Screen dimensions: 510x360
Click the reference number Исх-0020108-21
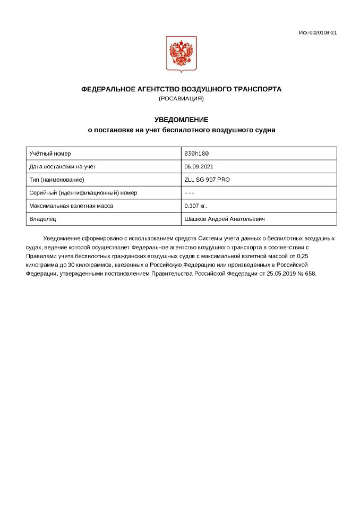(318, 32)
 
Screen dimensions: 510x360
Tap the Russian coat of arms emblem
(181, 54)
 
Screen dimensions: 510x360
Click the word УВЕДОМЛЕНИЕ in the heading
(181, 120)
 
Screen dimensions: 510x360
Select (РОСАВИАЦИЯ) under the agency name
(181, 98)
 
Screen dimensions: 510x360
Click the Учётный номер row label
(50, 154)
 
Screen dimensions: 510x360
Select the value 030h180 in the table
(196, 154)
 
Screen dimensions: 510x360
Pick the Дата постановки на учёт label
(62, 166)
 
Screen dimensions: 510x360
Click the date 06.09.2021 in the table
(199, 166)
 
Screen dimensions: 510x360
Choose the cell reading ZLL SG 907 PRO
(207, 180)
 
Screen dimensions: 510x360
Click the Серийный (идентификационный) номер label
(83, 192)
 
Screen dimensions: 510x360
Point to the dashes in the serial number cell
(190, 192)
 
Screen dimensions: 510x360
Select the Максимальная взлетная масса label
(71, 206)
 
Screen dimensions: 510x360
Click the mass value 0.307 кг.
(195, 206)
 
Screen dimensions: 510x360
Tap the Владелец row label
(42, 218)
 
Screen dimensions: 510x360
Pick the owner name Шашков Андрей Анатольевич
(225, 218)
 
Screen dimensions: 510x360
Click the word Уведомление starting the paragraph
(62, 238)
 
